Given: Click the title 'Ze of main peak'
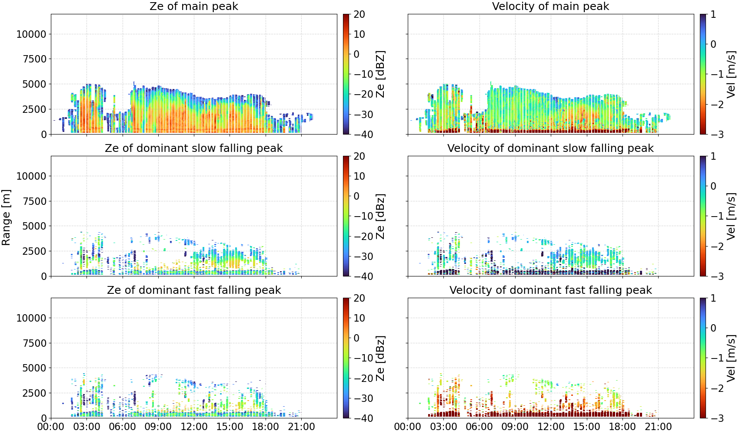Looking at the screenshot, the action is tap(193, 6).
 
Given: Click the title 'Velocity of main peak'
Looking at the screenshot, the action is tap(551, 6).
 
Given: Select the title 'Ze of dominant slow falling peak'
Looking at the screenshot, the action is tap(193, 148).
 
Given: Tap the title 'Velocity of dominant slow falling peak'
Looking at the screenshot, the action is tap(551, 148).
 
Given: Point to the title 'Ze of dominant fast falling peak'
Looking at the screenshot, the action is tap(193, 290).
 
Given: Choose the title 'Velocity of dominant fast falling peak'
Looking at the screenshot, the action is tap(551, 290).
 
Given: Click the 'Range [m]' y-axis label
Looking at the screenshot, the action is tap(6, 217).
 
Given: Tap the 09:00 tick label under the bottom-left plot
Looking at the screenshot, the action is tap(158, 427).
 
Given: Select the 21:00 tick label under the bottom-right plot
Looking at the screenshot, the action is tap(658, 427).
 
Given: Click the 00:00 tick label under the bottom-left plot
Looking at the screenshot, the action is tap(51, 427).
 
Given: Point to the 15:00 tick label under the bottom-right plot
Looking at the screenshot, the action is tap(586, 427).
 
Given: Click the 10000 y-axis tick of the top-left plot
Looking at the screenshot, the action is tap(31, 34).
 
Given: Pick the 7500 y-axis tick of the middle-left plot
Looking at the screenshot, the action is tap(34, 201).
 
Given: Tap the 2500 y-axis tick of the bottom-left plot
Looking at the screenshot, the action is tap(34, 393).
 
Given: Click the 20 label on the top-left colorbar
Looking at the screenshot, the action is tap(359, 14).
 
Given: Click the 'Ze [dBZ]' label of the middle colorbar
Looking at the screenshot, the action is tap(380, 216).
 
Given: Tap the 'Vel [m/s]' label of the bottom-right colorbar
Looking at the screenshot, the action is tap(731, 358).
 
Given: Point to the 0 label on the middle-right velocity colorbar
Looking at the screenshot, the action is tap(713, 186).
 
